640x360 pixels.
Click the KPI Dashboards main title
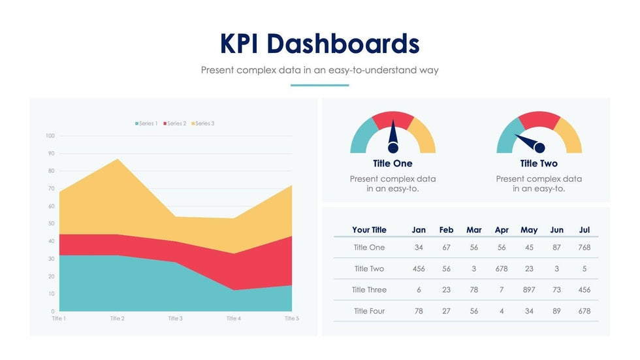pos(320,43)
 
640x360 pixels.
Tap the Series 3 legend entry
pos(203,123)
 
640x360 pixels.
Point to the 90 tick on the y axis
pos(50,154)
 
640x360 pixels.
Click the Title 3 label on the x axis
pos(175,318)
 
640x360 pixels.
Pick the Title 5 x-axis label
pos(291,318)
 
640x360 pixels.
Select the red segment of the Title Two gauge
pos(539,120)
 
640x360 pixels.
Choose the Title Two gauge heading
pos(539,163)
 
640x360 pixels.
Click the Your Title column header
pos(369,230)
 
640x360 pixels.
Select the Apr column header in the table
pos(502,230)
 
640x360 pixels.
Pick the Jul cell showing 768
pos(584,248)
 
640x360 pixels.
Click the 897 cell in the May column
pos(529,290)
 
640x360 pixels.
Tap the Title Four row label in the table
pos(369,311)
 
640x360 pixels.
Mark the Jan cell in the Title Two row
pos(419,269)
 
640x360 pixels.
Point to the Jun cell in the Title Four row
pos(556,311)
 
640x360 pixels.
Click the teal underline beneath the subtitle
pos(319,85)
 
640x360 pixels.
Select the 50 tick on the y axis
pos(50,224)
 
